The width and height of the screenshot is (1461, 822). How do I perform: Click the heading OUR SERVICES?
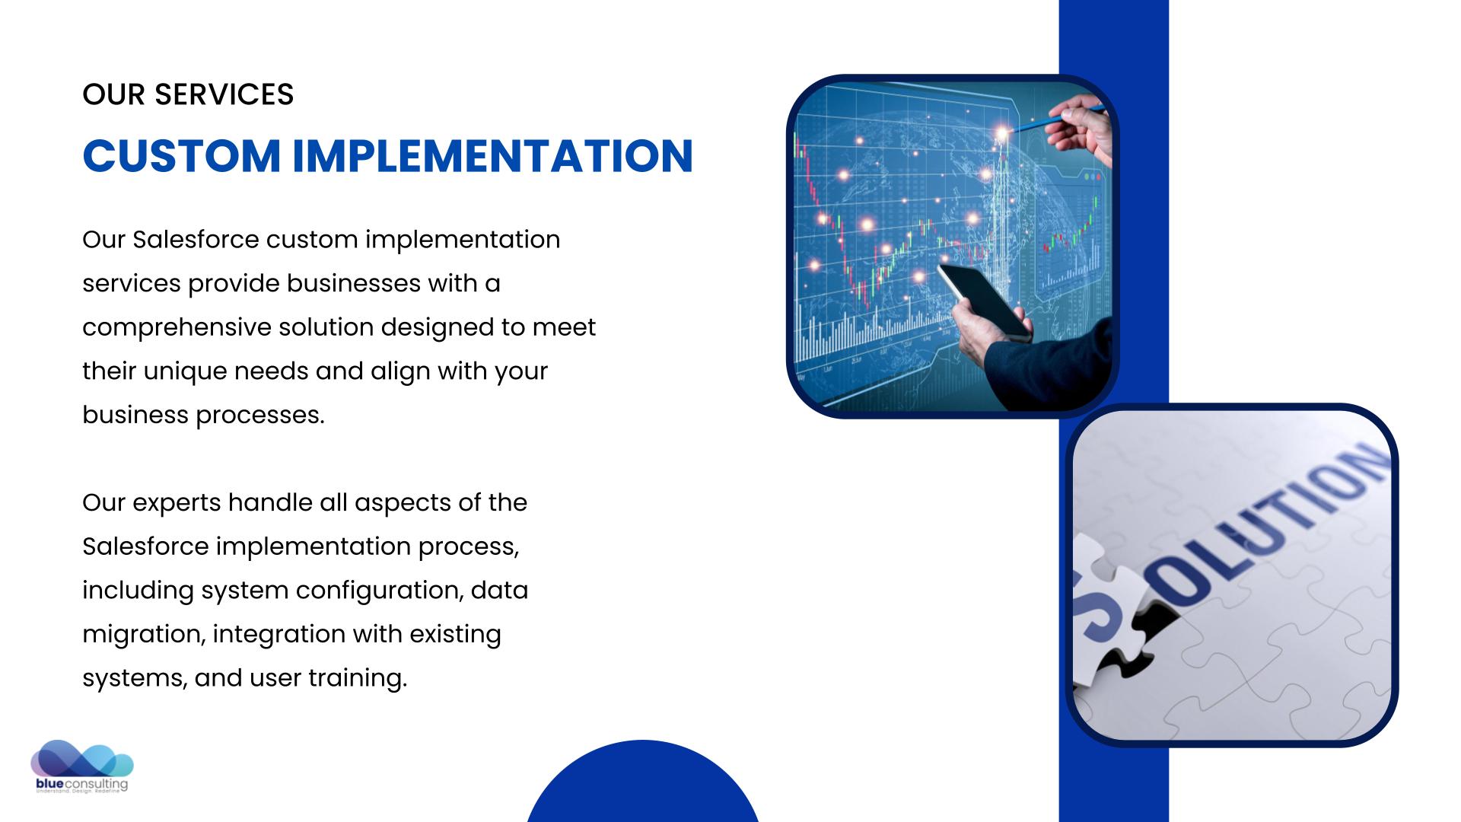click(188, 94)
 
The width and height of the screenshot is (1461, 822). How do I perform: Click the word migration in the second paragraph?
click(144, 635)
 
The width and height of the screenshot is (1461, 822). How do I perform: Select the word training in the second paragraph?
click(358, 678)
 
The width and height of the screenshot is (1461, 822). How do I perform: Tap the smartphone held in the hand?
click(985, 302)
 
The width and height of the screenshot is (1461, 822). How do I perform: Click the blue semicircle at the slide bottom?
click(643, 784)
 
